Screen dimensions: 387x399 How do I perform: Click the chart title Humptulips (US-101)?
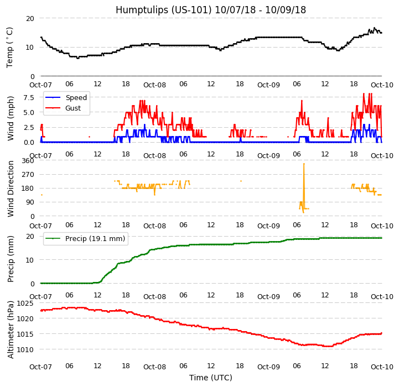[210, 10]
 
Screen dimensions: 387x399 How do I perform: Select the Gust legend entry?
[74, 108]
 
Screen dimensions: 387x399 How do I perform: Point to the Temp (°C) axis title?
[10, 47]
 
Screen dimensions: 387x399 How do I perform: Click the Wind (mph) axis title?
[11, 118]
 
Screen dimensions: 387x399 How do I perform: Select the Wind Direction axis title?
[11, 188]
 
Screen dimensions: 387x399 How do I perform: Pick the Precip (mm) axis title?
[11, 259]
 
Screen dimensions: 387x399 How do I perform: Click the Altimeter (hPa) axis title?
[11, 330]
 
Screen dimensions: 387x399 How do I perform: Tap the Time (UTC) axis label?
[210, 378]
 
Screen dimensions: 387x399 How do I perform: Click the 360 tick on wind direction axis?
[27, 161]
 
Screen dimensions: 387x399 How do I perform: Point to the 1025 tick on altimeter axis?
[25, 304]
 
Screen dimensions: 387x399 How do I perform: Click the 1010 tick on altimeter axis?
[25, 349]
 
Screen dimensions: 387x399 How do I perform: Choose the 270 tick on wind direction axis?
[27, 175]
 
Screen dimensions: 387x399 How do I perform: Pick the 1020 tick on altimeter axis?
[25, 319]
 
